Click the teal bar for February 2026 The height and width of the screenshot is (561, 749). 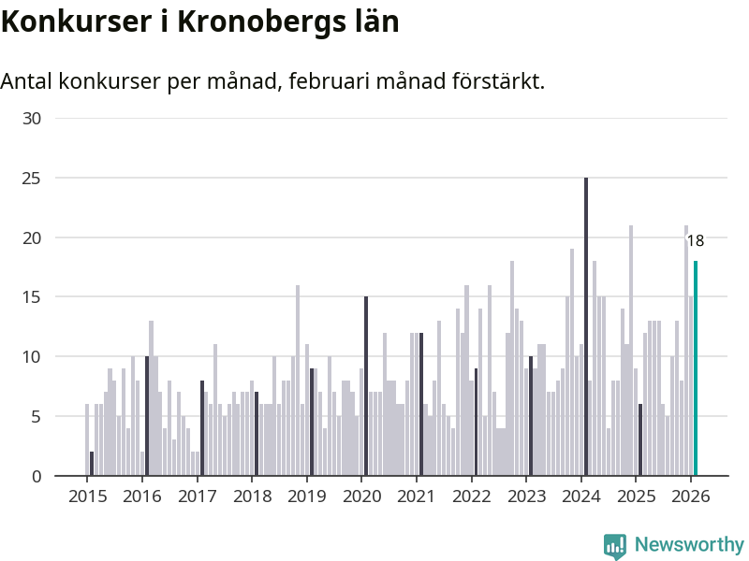695,368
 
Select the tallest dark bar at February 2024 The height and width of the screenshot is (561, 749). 586,327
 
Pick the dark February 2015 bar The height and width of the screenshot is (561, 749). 92,464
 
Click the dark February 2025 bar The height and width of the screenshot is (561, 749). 640,439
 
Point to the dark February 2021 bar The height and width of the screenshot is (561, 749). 421,404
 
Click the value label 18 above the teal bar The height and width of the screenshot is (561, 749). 695,241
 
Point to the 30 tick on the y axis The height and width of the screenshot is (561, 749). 33,119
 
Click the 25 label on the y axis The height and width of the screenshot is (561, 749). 33,178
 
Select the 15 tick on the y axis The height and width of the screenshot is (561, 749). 33,297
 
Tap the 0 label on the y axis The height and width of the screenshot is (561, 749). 37,476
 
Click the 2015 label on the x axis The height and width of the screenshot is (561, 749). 87,496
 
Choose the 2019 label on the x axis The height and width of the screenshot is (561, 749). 306,496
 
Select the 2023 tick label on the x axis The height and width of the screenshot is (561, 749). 526,496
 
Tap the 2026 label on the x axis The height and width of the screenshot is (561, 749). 691,496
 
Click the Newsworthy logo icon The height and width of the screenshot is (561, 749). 614,546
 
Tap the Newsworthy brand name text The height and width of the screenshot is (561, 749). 689,544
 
